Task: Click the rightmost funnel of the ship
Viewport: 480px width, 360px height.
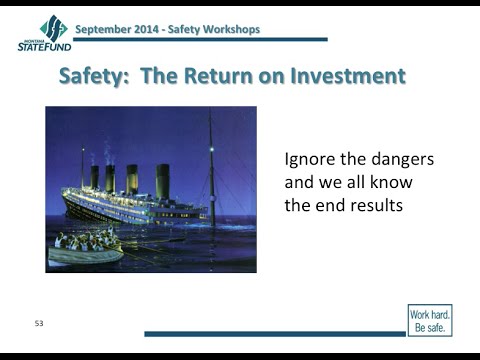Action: tap(162, 181)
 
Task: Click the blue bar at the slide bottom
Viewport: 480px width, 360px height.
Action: tap(274, 333)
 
